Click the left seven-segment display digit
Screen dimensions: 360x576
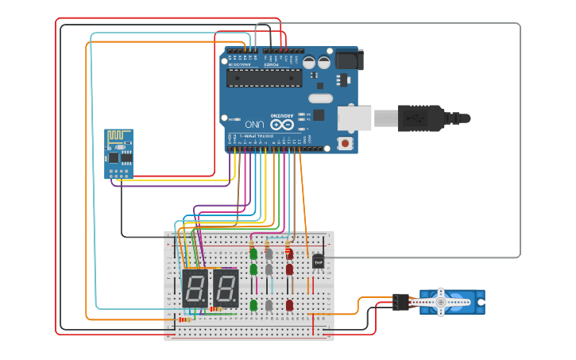[195, 288]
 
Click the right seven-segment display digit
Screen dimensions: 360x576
[226, 288]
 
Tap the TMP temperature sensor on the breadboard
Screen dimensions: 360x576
[318, 261]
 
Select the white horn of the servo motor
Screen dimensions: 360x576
[443, 302]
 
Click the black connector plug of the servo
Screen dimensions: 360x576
[400, 302]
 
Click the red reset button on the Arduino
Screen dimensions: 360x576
[346, 143]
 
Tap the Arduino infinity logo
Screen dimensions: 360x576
[282, 125]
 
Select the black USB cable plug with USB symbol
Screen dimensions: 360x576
[421, 118]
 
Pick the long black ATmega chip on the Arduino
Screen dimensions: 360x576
[264, 78]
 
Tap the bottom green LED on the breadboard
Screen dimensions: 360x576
[253, 305]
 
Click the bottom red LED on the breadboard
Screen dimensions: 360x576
[289, 305]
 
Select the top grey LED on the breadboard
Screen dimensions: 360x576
[269, 254]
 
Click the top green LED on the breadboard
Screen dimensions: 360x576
[253, 254]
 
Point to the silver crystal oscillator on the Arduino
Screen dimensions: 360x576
[319, 99]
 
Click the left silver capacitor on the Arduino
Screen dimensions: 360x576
[310, 62]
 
